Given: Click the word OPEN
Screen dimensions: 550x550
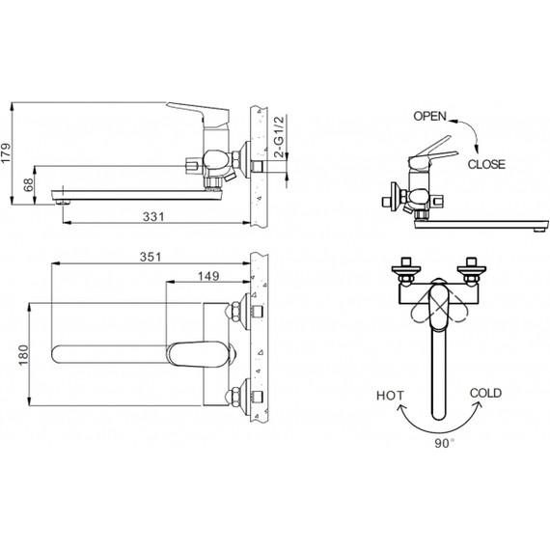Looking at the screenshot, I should click(430, 116).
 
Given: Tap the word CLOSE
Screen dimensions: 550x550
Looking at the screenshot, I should click(485, 164).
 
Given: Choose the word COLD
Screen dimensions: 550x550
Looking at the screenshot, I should click(484, 393).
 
